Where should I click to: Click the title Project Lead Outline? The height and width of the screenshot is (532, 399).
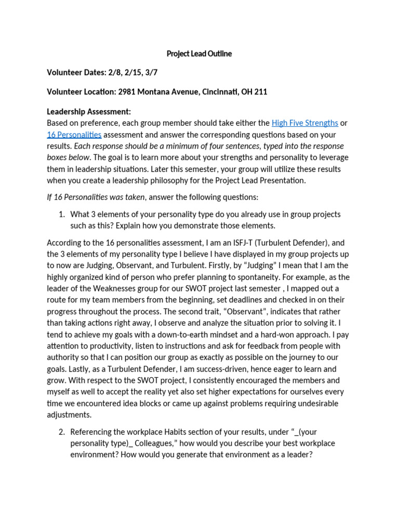click(199, 54)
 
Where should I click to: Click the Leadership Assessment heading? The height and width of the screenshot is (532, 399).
click(89, 112)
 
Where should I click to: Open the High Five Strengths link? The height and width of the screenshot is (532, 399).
click(305, 123)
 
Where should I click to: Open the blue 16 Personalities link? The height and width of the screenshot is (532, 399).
click(74, 135)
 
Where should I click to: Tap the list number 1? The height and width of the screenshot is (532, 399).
click(61, 214)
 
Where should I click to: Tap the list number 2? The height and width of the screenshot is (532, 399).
click(61, 432)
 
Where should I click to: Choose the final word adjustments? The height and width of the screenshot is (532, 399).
click(69, 415)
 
